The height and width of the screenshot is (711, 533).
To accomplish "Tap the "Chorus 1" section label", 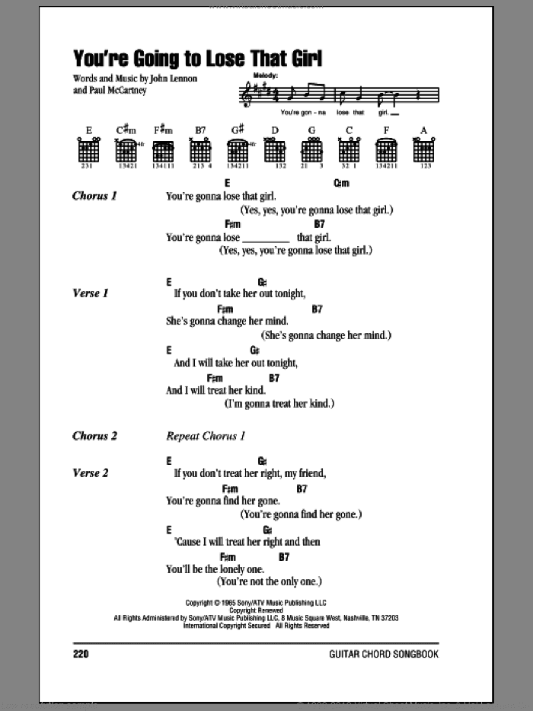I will (94, 196).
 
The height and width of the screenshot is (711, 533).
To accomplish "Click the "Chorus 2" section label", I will (94, 437).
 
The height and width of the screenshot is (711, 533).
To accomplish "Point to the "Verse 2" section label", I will (91, 473).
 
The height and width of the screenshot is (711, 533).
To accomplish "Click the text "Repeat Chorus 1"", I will (206, 437).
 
